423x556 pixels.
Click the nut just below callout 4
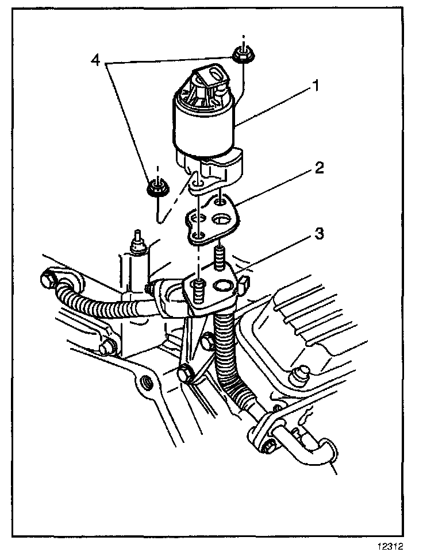[x=156, y=187]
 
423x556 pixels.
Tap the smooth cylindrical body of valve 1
[x=205, y=128]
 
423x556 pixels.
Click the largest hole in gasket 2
[x=222, y=219]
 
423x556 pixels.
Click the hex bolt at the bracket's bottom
[x=185, y=374]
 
